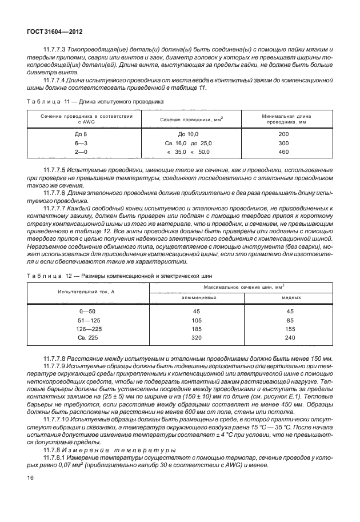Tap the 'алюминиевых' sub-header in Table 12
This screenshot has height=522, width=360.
pyautogui.click(x=197, y=298)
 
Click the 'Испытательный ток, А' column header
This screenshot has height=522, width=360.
pyautogui.click(x=86, y=292)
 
